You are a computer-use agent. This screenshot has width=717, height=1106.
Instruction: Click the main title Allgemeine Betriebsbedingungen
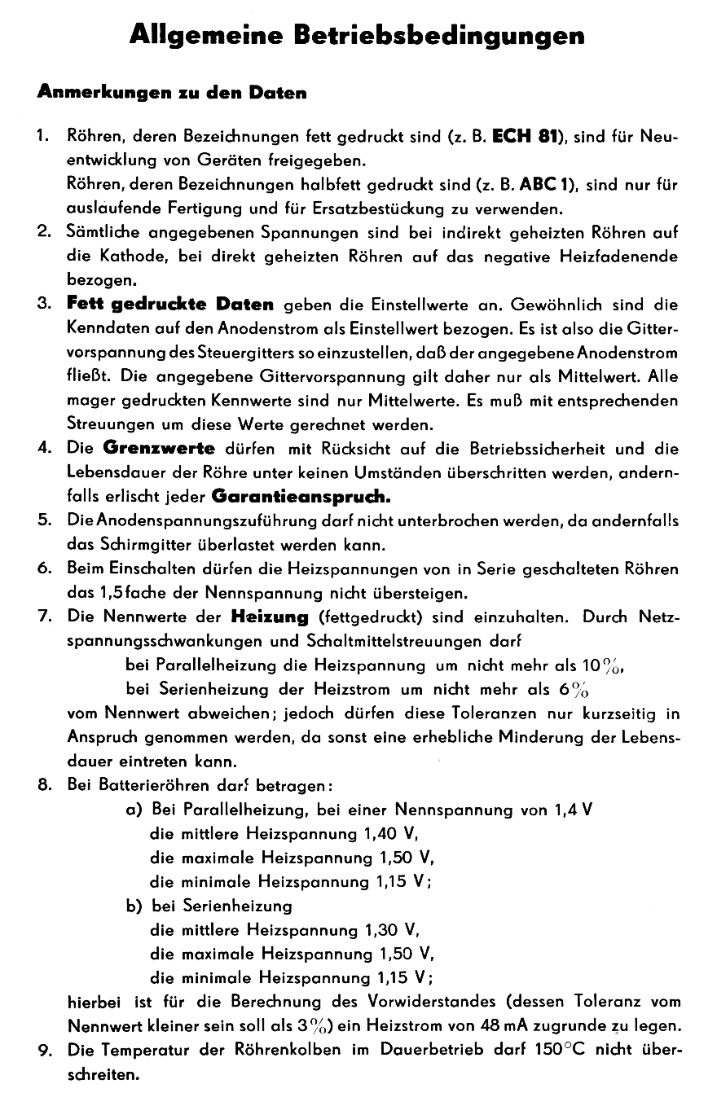358,36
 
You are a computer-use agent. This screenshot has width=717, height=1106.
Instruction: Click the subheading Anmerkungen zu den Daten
172,93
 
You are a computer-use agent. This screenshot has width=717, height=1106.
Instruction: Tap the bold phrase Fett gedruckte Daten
170,305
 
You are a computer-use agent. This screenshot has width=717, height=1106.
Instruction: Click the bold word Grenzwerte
159,448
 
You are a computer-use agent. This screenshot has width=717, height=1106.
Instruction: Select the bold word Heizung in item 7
270,617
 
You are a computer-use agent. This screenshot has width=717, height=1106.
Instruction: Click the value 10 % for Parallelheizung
604,666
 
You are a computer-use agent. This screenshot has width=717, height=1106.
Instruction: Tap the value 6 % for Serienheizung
574,690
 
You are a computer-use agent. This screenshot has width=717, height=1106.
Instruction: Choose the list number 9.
45,1050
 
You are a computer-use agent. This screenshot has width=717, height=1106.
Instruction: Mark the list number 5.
45,520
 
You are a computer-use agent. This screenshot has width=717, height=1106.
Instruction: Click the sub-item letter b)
134,906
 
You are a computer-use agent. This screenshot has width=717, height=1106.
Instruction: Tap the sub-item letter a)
134,810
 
